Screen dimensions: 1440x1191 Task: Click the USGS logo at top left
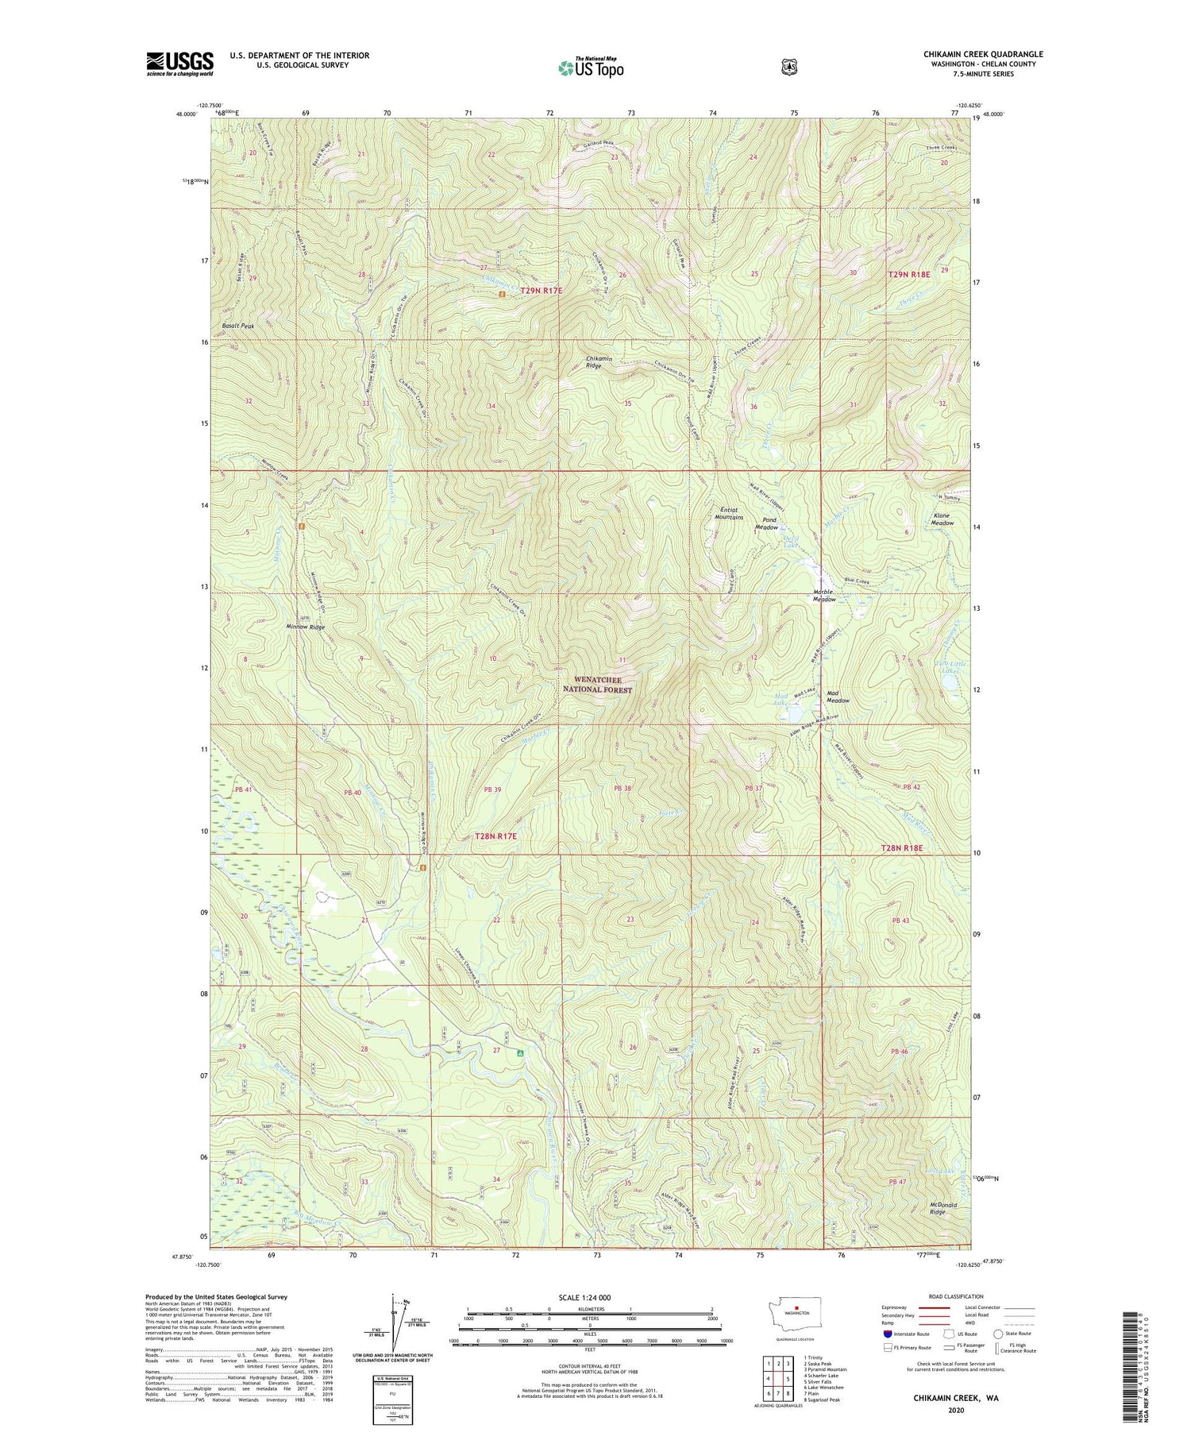tap(179, 64)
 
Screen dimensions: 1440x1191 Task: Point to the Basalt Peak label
tap(238, 326)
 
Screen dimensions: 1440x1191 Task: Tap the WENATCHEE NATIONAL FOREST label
tap(597, 685)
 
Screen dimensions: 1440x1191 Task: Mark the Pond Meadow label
tap(766, 524)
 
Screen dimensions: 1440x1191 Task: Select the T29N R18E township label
tap(908, 274)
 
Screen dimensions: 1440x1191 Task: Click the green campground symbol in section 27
tap(521, 1053)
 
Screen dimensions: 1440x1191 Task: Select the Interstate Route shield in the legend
tap(888, 1334)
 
